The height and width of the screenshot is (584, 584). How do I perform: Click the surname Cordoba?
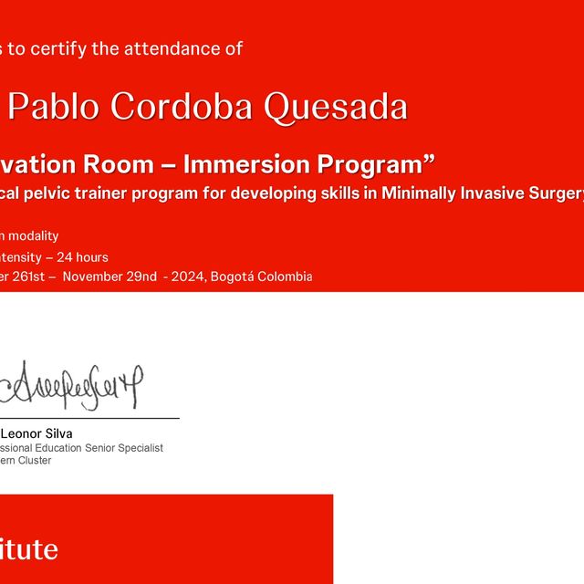(182, 108)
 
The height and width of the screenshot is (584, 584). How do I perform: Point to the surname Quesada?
(336, 108)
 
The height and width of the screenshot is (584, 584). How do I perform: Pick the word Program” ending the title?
(376, 164)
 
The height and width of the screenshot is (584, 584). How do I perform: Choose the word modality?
(36, 236)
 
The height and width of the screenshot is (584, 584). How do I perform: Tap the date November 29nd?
(109, 276)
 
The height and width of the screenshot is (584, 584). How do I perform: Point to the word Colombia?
(287, 276)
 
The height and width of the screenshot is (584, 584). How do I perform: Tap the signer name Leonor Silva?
(36, 433)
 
